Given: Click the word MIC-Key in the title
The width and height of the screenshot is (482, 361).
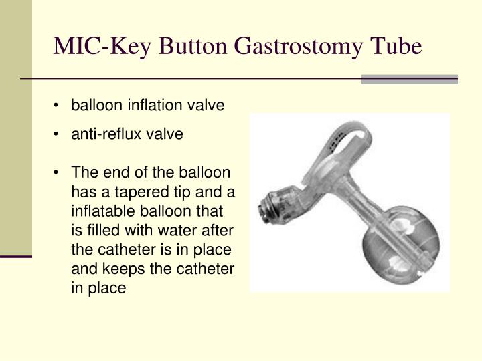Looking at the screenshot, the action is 102,46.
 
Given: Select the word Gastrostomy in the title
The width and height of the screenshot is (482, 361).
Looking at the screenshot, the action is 298,46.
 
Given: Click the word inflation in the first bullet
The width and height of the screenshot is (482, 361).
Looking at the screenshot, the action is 155,105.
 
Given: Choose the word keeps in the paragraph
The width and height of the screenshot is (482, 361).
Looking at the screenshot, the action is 124,269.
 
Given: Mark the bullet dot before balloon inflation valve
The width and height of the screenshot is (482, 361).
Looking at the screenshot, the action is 56,106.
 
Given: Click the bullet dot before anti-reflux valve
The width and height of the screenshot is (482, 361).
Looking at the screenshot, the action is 56,134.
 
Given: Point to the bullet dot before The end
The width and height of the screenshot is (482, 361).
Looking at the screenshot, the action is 56,173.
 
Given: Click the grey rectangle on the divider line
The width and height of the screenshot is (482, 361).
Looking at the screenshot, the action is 410,80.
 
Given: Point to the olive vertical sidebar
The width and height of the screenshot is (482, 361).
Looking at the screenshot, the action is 16,128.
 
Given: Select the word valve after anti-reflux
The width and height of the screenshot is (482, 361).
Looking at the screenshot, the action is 165,134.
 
